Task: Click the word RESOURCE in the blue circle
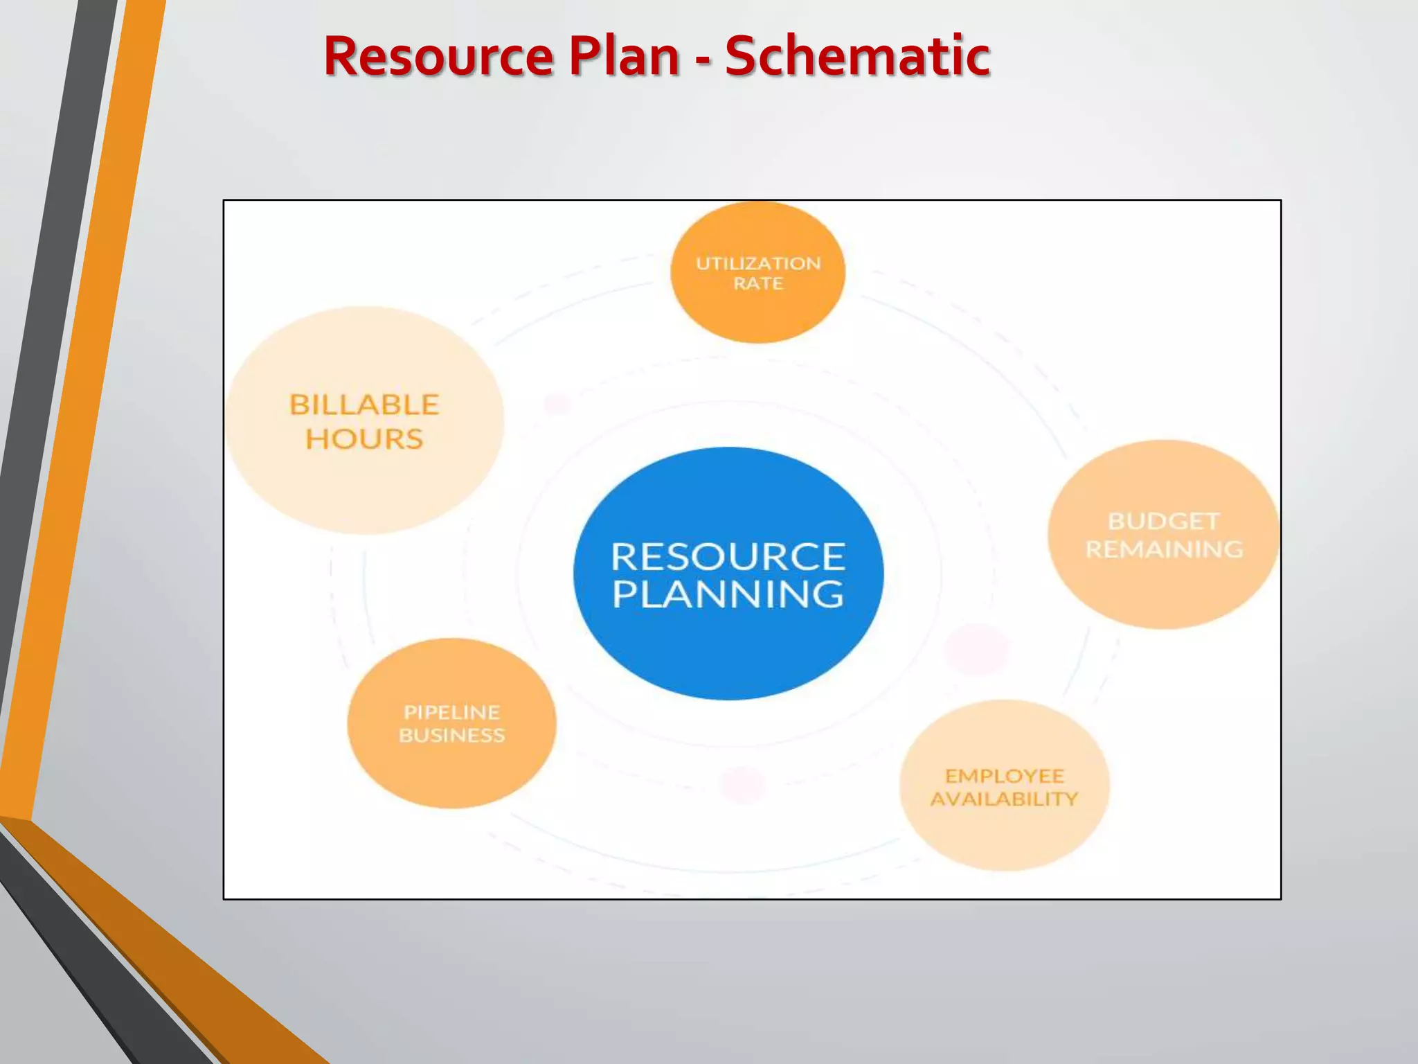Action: click(x=728, y=557)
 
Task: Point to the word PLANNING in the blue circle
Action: click(x=728, y=594)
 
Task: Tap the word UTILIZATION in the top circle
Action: click(x=758, y=264)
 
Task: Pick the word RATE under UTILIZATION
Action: click(x=758, y=284)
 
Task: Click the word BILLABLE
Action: click(x=364, y=405)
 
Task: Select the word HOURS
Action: click(x=364, y=439)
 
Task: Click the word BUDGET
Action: click(x=1163, y=521)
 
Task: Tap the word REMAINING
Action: click(x=1164, y=549)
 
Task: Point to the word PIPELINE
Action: click(x=451, y=712)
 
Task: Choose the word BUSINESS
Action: click(x=451, y=735)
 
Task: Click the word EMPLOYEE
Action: click(x=1004, y=776)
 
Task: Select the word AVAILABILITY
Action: click(x=1004, y=799)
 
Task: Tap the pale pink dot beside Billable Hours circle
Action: click(x=557, y=403)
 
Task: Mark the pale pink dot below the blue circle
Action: click(x=742, y=785)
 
